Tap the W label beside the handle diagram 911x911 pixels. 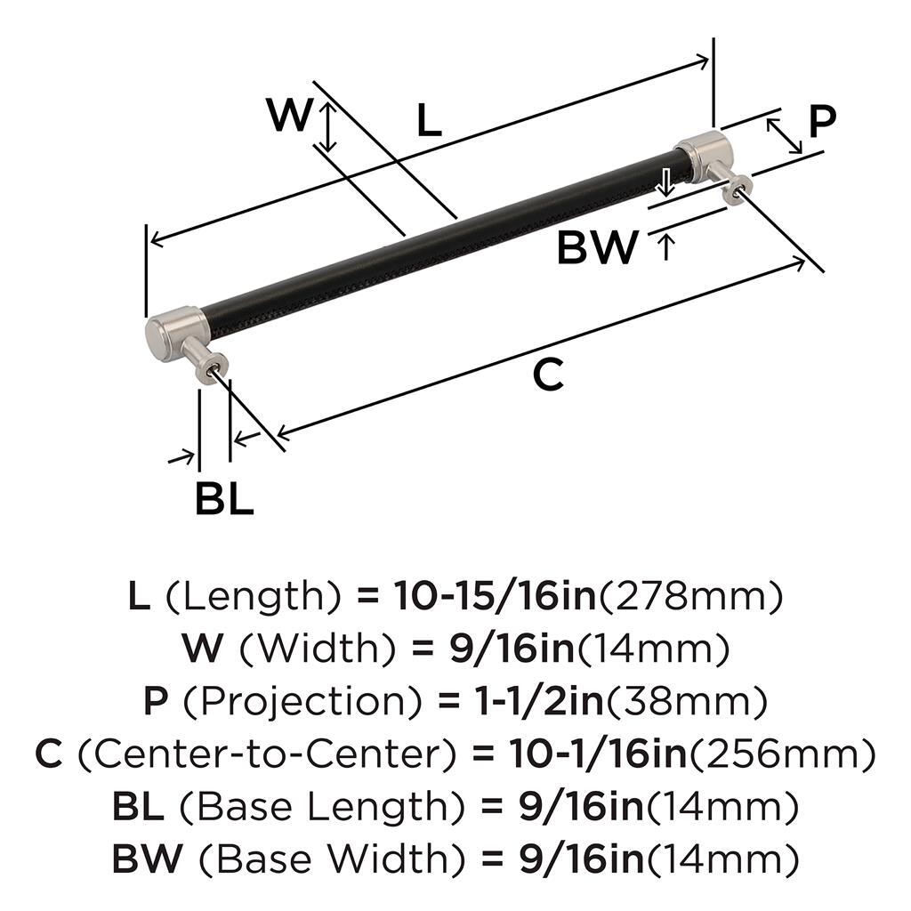click(x=291, y=114)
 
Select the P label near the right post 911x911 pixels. click(x=822, y=121)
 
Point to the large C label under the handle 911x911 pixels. click(x=548, y=375)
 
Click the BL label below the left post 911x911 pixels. click(x=224, y=498)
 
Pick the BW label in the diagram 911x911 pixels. click(x=598, y=247)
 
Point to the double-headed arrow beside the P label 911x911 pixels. click(x=784, y=136)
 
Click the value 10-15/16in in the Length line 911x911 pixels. click(x=496, y=596)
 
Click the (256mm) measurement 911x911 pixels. click(x=782, y=754)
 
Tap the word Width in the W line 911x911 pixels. click(x=318, y=649)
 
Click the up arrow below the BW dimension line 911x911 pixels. click(x=666, y=246)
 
